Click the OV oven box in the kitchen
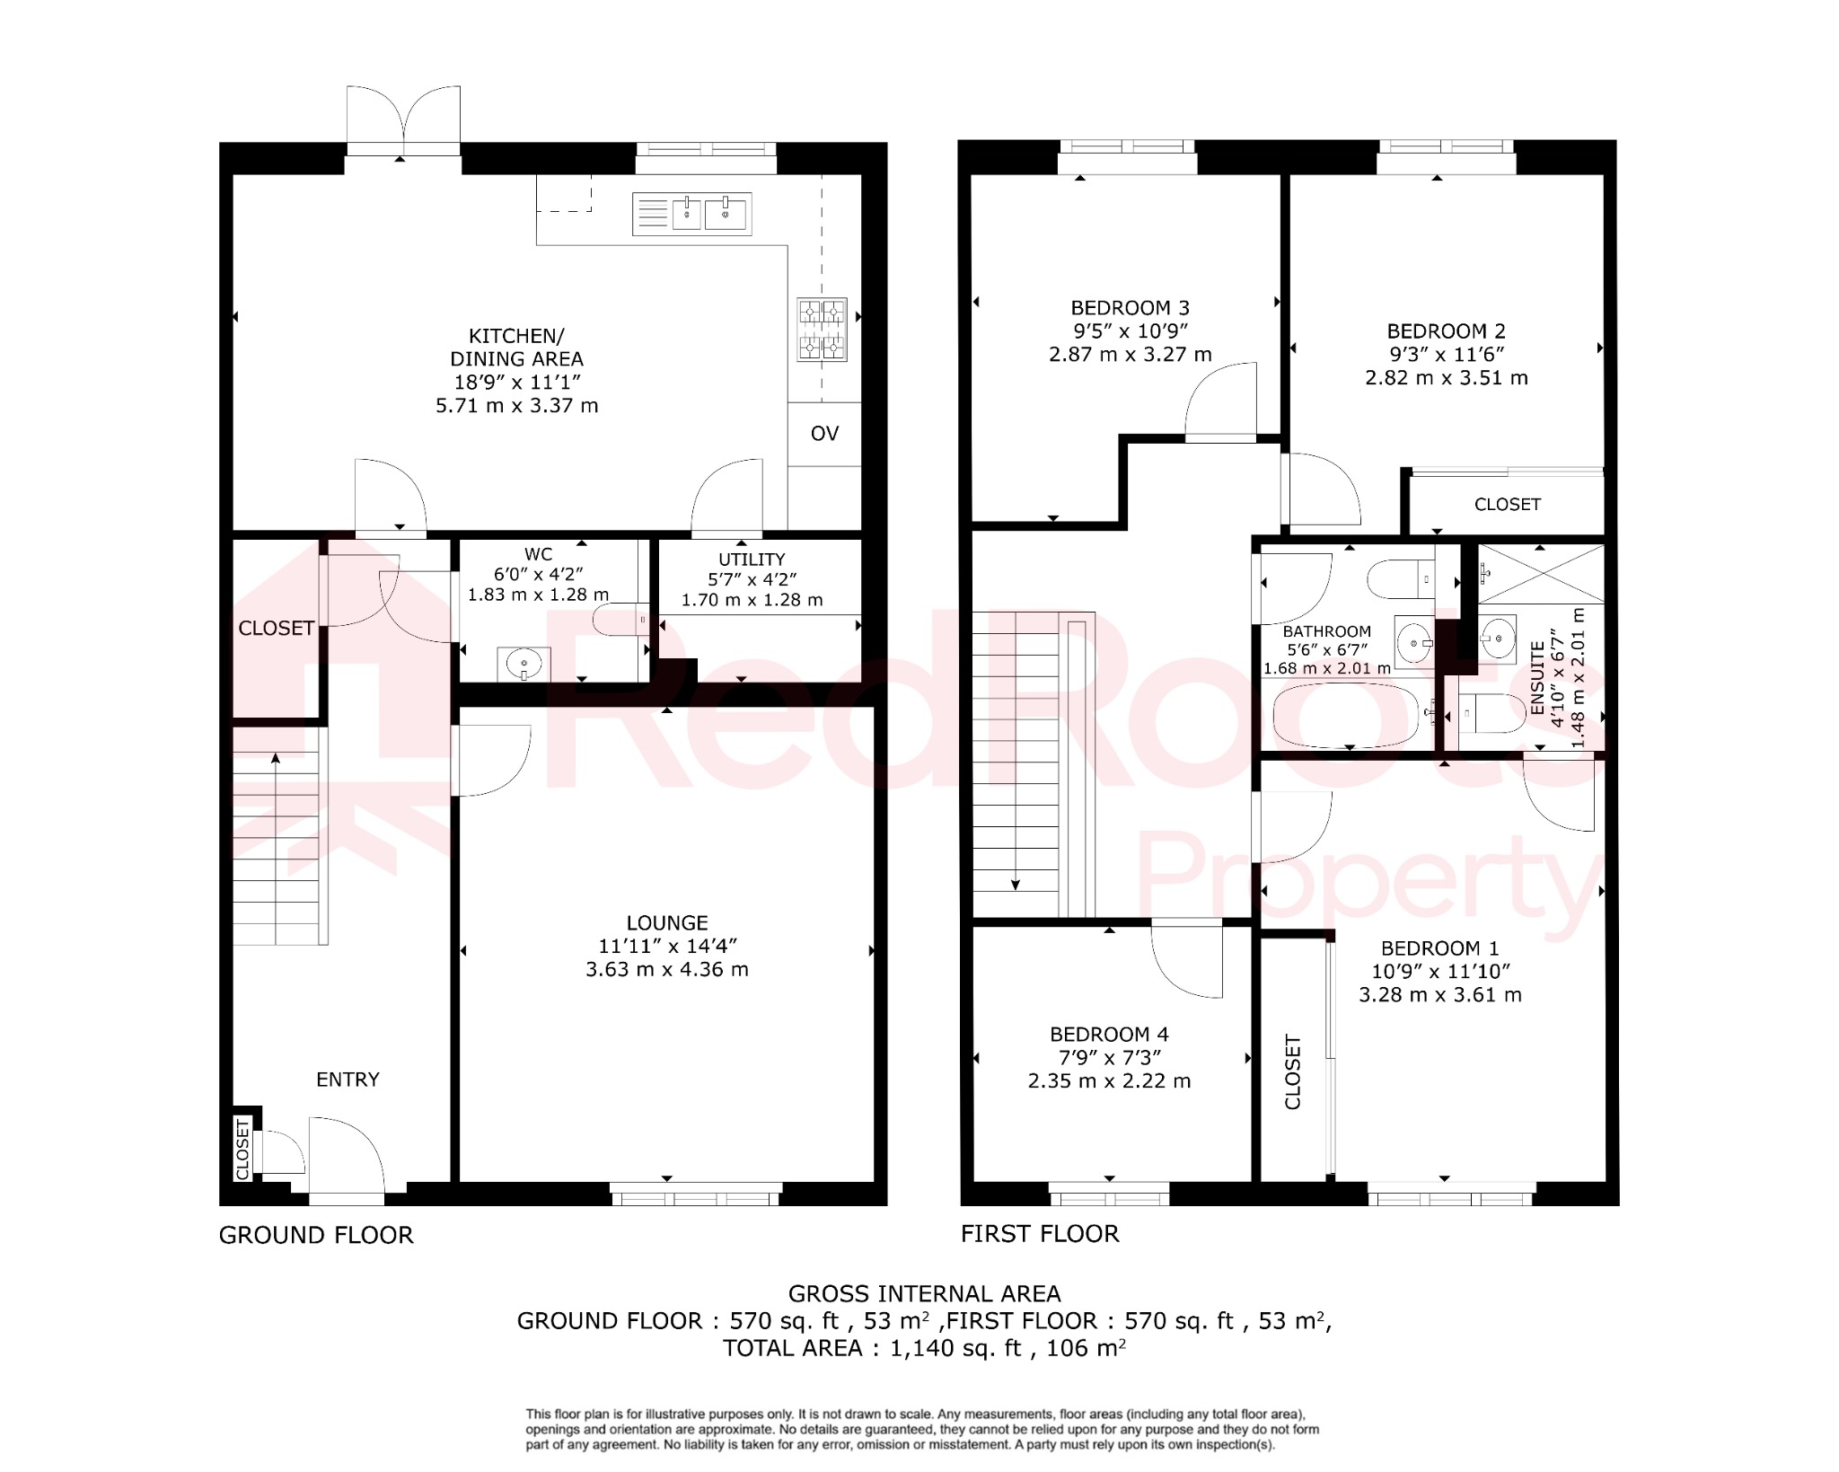[x=824, y=434]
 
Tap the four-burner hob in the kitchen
[x=822, y=330]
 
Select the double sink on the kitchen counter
[x=691, y=215]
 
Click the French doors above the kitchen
[x=403, y=121]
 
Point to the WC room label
[x=539, y=554]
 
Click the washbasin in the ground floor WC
[x=524, y=665]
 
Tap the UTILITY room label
[x=752, y=559]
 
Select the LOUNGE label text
[x=667, y=922]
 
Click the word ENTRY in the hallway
[x=348, y=1080]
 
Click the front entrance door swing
[x=347, y=1155]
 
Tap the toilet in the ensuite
[x=1491, y=714]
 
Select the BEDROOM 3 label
[x=1130, y=308]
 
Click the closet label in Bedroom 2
[x=1507, y=505]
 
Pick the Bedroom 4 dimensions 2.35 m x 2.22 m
[x=1109, y=1081]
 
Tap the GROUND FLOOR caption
[x=316, y=1235]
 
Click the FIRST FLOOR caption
[x=1040, y=1234]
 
